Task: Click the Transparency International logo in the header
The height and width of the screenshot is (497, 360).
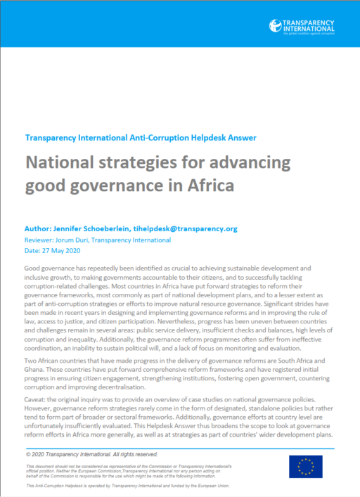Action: [x=310, y=26]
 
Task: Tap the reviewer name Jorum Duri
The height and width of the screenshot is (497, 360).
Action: [x=78, y=240]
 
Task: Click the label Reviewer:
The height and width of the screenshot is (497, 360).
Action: [x=41, y=240]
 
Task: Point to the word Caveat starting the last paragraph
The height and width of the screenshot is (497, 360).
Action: [x=37, y=397]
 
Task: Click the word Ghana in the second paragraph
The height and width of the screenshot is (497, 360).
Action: [x=35, y=368]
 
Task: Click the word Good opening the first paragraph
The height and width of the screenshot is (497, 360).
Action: [x=34, y=269]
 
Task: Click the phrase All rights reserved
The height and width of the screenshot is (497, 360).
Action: [x=158, y=437]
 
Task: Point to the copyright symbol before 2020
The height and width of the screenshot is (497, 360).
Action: [x=27, y=437]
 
